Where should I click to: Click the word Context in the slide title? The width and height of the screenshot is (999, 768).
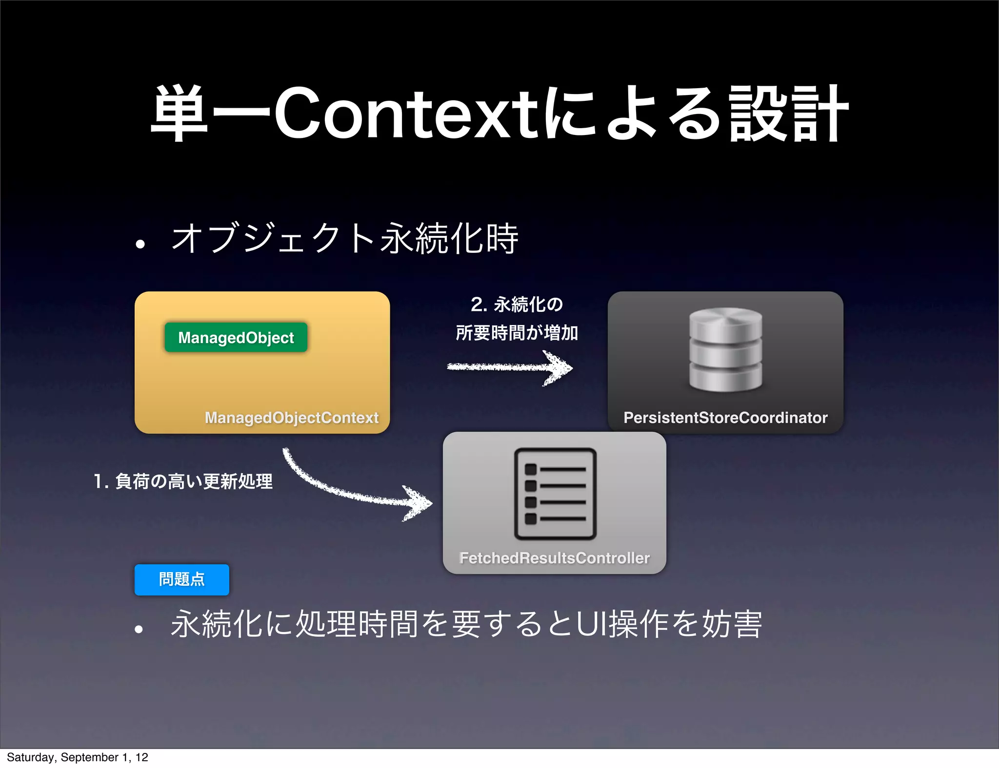point(408,113)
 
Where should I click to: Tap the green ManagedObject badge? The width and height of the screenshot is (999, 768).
point(236,337)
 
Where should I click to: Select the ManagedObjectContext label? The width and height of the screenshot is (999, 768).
point(291,418)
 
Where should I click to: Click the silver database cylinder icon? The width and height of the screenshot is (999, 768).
point(725,349)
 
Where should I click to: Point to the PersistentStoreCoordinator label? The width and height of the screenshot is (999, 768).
point(725,418)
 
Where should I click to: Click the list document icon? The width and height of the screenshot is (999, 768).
point(555,494)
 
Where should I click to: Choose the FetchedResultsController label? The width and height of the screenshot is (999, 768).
point(555,558)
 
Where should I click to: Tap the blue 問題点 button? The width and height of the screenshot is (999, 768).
point(182,579)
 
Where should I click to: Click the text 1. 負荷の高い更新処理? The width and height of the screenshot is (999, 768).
point(183,481)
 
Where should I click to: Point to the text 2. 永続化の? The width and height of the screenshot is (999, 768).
point(517,305)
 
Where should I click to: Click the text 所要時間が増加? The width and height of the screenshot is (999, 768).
point(517,333)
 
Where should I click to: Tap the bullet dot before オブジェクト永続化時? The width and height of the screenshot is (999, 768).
point(140,243)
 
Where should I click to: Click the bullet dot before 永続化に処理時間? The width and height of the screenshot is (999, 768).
point(139,629)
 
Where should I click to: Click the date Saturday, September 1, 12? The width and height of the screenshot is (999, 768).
point(78,757)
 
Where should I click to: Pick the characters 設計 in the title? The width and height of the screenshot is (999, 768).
point(788,113)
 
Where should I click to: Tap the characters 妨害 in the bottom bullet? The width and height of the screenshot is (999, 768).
point(732,624)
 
